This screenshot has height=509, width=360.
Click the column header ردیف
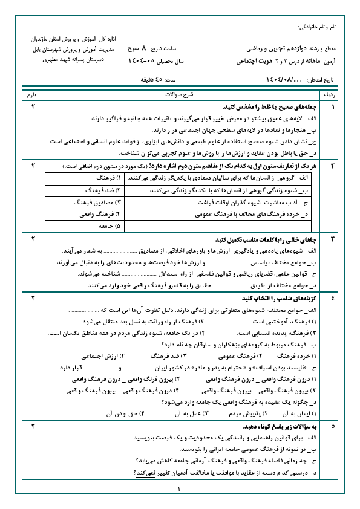pyautogui.click(x=340, y=96)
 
